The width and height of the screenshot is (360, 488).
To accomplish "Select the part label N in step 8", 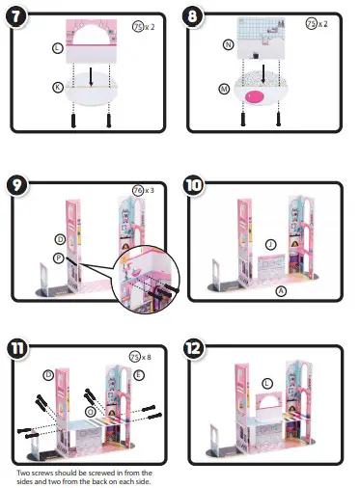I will (x=228, y=44).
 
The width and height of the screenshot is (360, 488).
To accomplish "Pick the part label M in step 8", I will (x=224, y=89).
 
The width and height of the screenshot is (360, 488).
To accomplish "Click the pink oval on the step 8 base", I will (x=257, y=96).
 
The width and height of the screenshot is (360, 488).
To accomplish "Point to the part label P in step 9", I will (x=60, y=258).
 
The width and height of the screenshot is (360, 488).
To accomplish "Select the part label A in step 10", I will (x=281, y=290).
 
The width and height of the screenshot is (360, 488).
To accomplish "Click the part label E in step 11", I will (x=141, y=374).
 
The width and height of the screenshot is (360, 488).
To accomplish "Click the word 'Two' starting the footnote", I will (x=24, y=473).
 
